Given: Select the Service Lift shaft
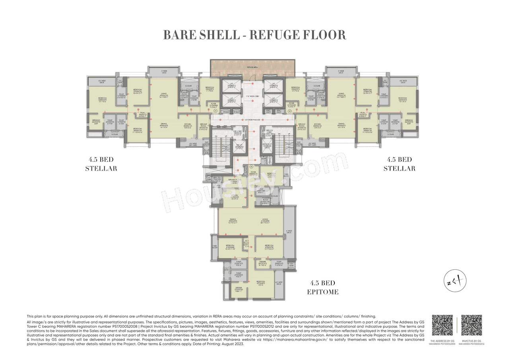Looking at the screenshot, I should (x=266, y=146).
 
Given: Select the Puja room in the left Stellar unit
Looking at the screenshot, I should (x=142, y=115).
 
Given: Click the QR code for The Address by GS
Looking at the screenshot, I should (x=442, y=325).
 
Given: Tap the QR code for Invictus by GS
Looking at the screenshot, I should (x=472, y=325).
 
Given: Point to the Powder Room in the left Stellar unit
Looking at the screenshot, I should (x=184, y=95).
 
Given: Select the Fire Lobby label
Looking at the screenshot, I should (x=238, y=132).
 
